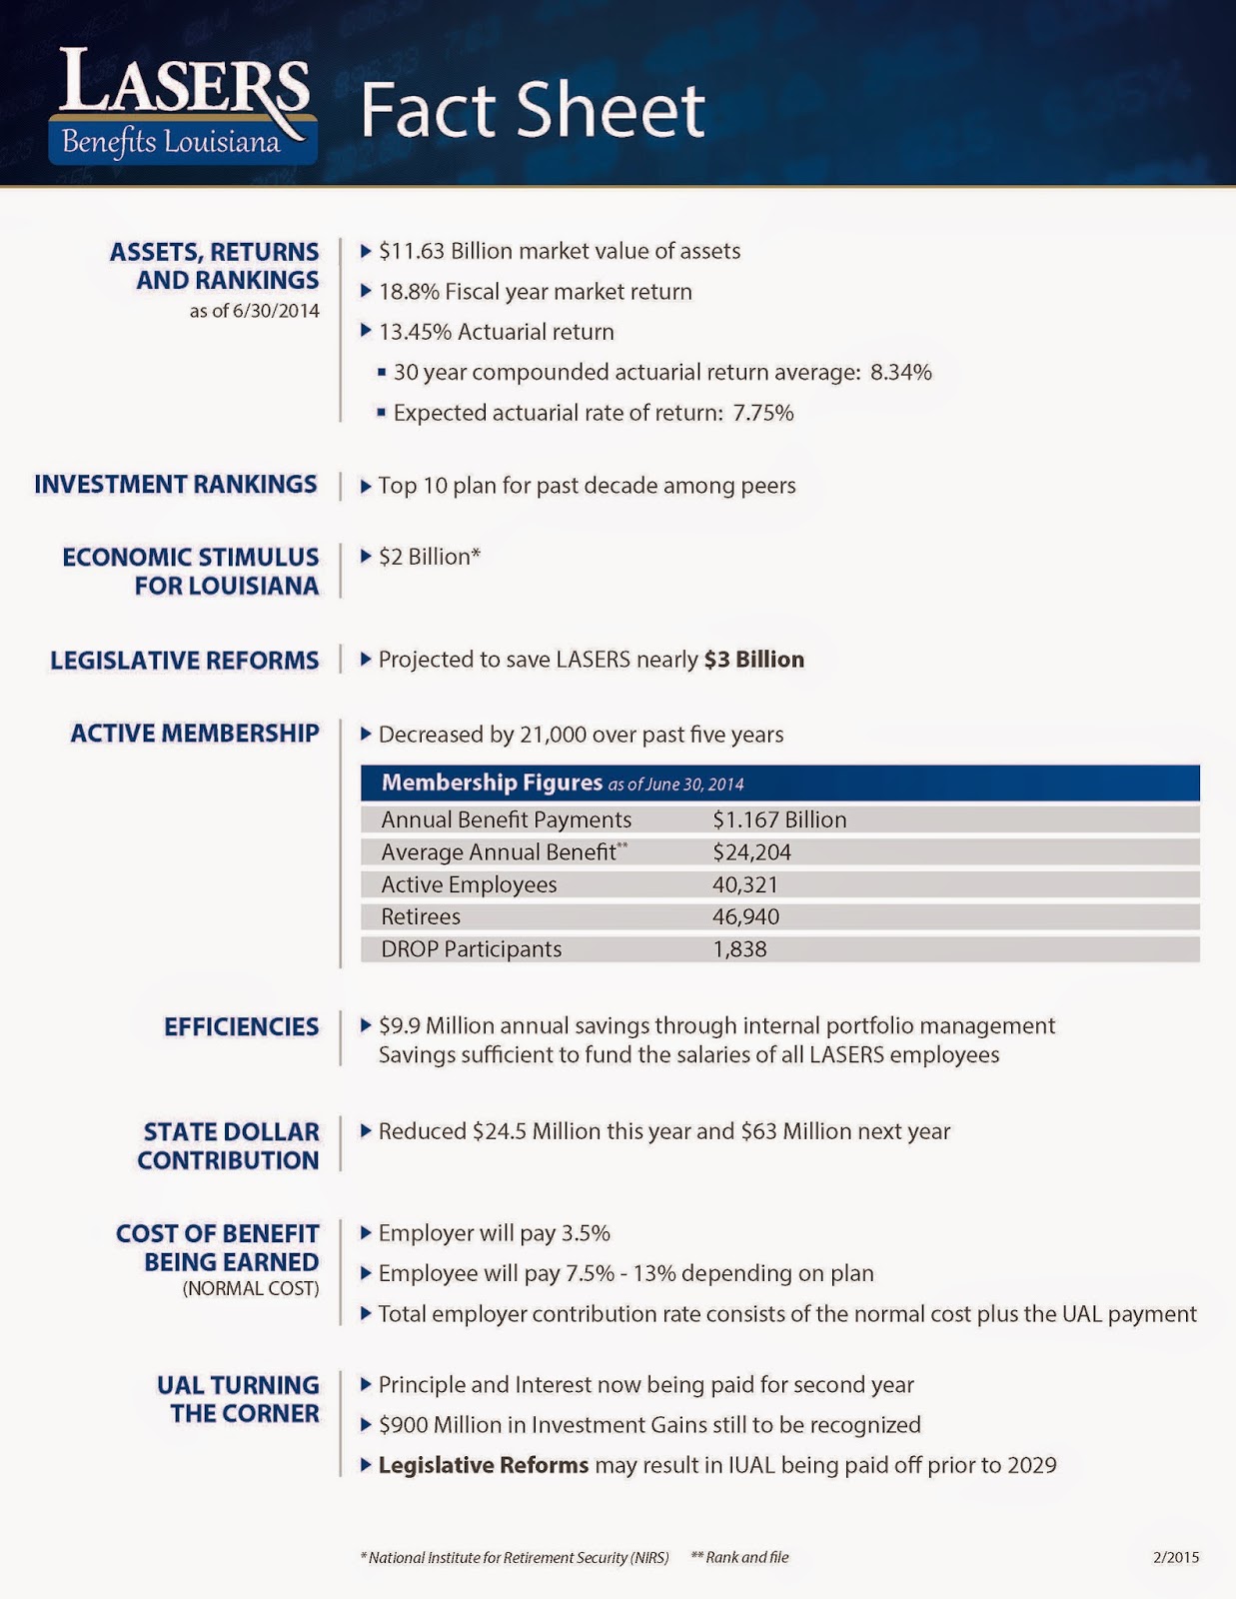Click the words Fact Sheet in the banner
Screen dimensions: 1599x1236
(x=533, y=110)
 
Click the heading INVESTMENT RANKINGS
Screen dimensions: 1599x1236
(x=176, y=485)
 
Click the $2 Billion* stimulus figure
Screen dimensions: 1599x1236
(x=429, y=557)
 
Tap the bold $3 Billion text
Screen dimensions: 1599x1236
(x=753, y=660)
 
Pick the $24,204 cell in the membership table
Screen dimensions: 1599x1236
(x=751, y=852)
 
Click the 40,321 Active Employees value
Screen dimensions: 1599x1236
(x=744, y=884)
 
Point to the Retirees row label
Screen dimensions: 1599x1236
(x=421, y=916)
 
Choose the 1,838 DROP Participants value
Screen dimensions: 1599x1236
(x=739, y=949)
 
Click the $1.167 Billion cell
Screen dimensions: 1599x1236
(x=779, y=819)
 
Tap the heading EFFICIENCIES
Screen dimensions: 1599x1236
(x=241, y=1027)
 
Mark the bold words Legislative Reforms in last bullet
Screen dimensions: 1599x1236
(x=484, y=1465)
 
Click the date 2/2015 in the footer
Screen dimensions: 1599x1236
(x=1175, y=1557)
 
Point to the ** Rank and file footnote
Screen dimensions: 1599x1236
(x=739, y=1557)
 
